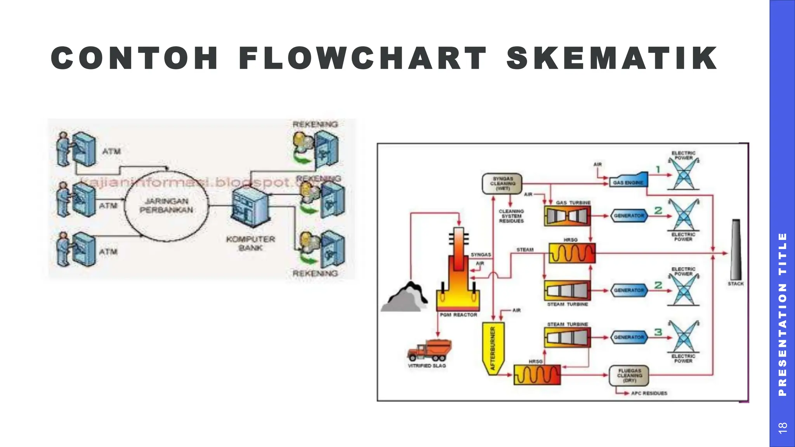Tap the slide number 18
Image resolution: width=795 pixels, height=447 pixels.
pyautogui.click(x=782, y=427)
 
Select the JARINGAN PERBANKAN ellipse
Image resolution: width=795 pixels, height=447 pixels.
pyautogui.click(x=166, y=206)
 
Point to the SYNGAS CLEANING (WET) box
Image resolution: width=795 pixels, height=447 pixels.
pyautogui.click(x=502, y=184)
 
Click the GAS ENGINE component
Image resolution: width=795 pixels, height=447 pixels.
pyautogui.click(x=628, y=180)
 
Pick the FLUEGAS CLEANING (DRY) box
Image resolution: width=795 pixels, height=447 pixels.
pyautogui.click(x=629, y=375)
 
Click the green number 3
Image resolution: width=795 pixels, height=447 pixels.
pyautogui.click(x=658, y=332)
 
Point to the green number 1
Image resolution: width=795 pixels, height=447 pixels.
pyautogui.click(x=658, y=169)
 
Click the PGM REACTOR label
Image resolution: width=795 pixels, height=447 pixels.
pyautogui.click(x=458, y=315)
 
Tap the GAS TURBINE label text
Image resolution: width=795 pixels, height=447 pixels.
pyautogui.click(x=573, y=203)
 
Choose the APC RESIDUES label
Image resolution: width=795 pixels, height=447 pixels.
pyautogui.click(x=649, y=393)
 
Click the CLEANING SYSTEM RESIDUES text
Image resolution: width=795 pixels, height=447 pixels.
pyautogui.click(x=511, y=216)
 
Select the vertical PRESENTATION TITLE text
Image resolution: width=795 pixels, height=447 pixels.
pyautogui.click(x=782, y=314)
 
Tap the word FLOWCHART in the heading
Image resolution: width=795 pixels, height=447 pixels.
pyautogui.click(x=363, y=58)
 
